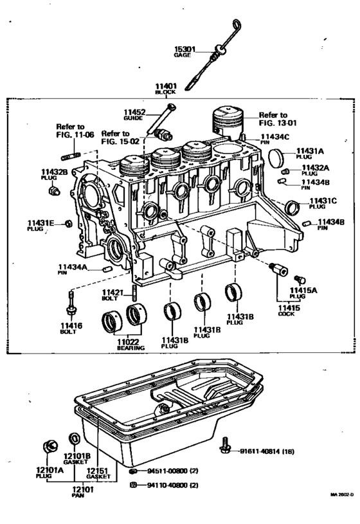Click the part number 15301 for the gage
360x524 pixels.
pos(184,49)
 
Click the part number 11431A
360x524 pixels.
pos(310,151)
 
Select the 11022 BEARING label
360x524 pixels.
pos(130,344)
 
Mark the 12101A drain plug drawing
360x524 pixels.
pos(49,445)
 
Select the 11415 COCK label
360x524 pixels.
pos(288,311)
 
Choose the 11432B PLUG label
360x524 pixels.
pos(55,174)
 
